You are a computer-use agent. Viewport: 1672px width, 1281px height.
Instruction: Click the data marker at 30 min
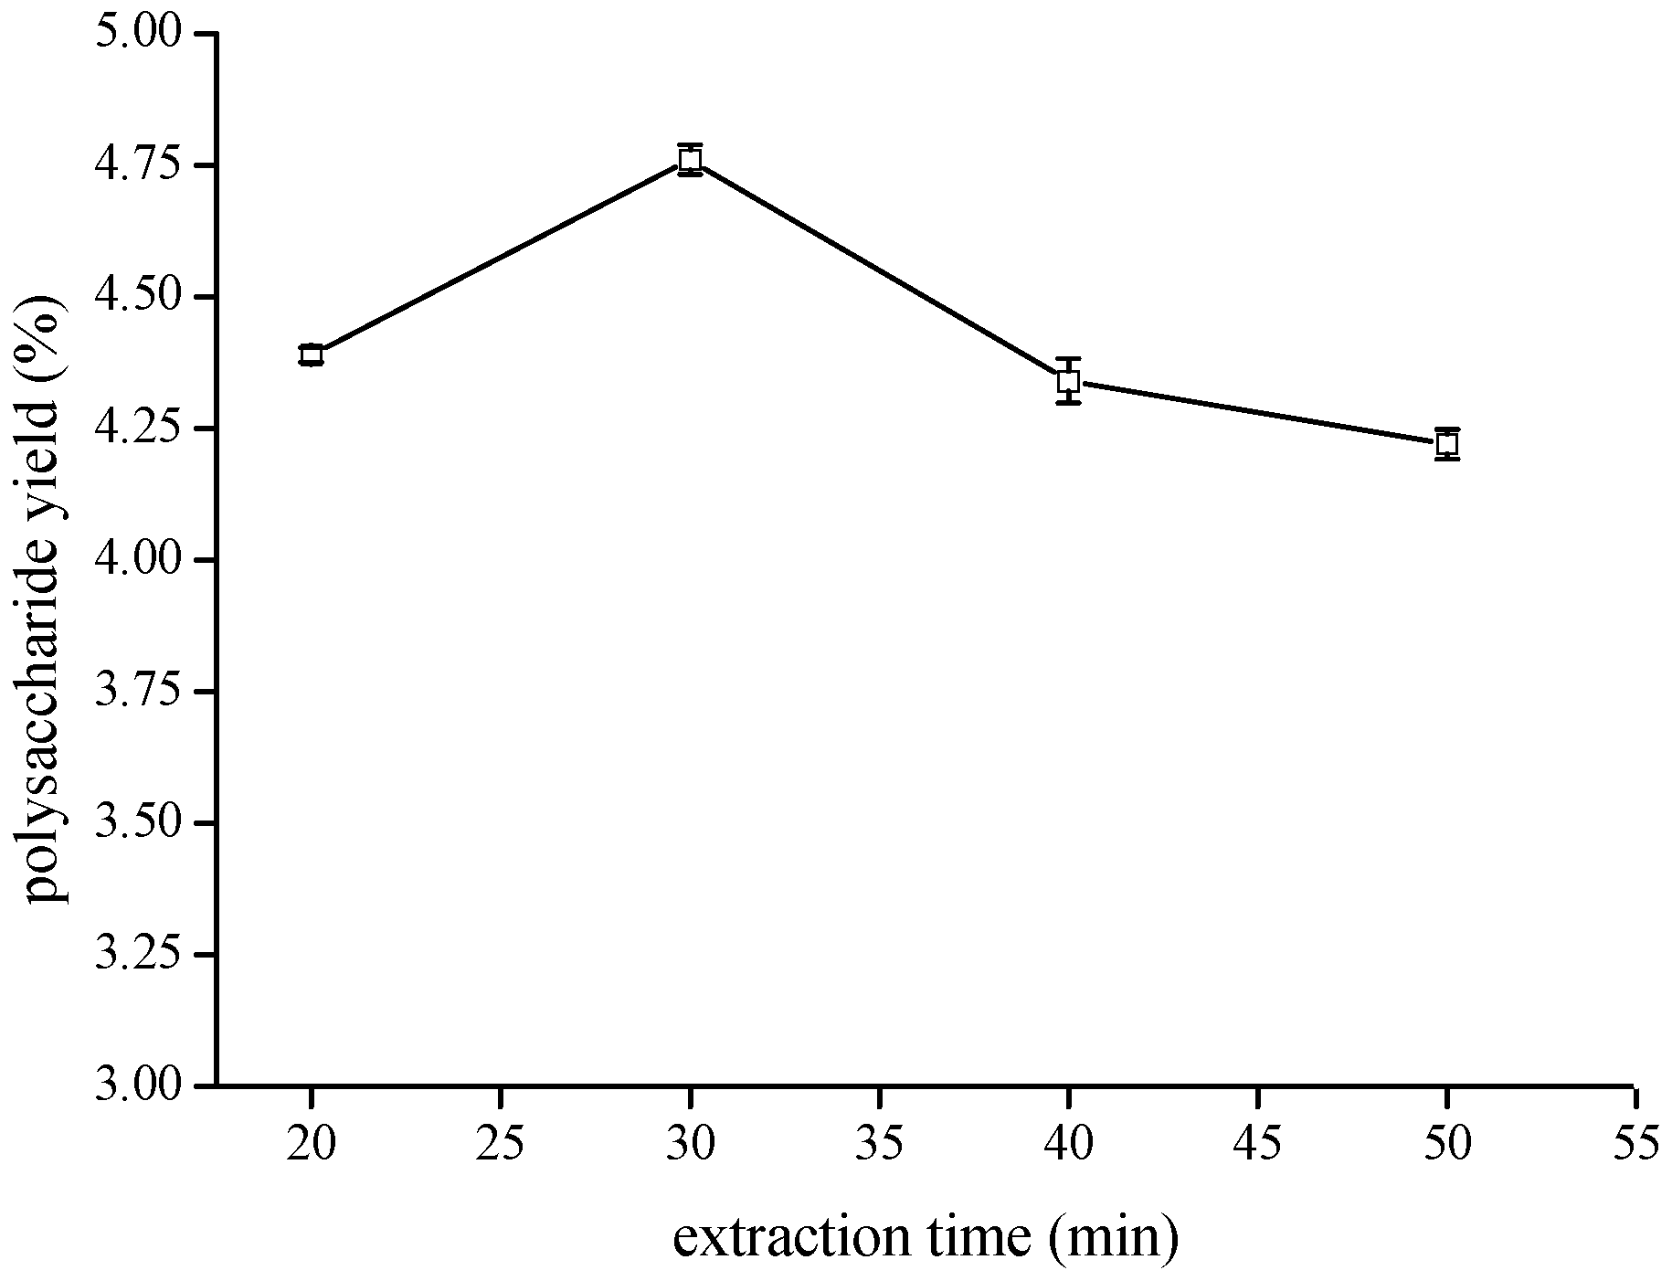pyautogui.click(x=691, y=159)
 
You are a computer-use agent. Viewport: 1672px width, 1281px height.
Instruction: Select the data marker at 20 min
pyautogui.click(x=312, y=355)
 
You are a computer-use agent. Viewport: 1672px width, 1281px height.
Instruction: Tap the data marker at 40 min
pyautogui.click(x=1069, y=381)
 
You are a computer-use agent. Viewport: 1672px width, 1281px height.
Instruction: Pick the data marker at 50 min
pyautogui.click(x=1446, y=444)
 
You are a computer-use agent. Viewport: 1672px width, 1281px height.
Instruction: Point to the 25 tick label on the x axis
pyautogui.click(x=501, y=1143)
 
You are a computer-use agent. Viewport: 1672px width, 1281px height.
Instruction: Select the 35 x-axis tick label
pyautogui.click(x=880, y=1143)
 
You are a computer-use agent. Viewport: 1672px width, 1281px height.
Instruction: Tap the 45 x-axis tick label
pyautogui.click(x=1258, y=1143)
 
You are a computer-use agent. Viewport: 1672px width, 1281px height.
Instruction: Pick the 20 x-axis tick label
pyautogui.click(x=312, y=1143)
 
